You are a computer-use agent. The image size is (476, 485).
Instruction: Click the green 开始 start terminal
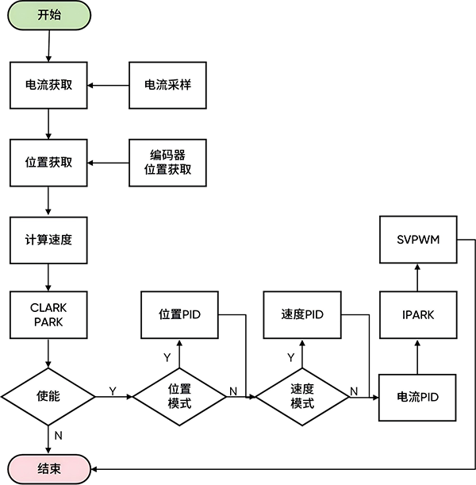[x=48, y=16]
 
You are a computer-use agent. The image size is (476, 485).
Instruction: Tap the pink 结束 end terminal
[x=48, y=468]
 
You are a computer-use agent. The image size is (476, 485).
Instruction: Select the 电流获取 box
[x=48, y=85]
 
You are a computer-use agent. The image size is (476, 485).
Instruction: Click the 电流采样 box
[x=167, y=85]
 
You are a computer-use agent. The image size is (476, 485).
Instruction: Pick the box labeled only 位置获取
[x=48, y=162]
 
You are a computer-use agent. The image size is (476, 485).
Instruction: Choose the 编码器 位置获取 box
[x=167, y=162]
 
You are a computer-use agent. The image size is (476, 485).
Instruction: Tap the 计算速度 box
[x=48, y=239]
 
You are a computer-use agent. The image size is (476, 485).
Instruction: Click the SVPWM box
[x=418, y=239]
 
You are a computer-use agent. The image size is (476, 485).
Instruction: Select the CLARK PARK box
[x=48, y=314]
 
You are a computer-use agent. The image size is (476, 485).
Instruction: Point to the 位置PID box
[x=179, y=314]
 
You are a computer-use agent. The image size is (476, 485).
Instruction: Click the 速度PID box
[x=302, y=314]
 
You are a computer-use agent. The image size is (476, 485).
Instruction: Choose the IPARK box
[x=418, y=314]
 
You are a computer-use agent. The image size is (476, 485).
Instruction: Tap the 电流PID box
[x=418, y=397]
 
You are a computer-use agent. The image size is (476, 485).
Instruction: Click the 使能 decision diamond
[x=48, y=395]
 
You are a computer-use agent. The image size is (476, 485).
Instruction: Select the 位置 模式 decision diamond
[x=179, y=395]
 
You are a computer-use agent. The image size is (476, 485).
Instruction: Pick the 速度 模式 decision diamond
[x=302, y=395]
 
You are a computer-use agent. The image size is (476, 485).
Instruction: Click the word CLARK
[x=48, y=307]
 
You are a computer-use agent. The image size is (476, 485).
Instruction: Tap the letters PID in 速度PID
[x=313, y=314]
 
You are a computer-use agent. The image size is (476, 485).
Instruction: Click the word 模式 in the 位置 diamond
[x=179, y=403]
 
